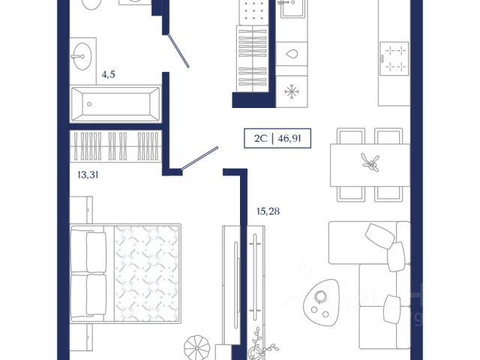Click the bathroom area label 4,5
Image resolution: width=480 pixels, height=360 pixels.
[x=108, y=74]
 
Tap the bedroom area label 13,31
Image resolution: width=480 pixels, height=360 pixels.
[x=88, y=175]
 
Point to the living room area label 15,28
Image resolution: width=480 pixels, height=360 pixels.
[x=268, y=211]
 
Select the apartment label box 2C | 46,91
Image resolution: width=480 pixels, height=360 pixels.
[x=277, y=138]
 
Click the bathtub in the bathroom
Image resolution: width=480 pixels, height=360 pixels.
[x=115, y=103]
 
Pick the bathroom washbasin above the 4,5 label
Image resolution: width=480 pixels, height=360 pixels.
[x=82, y=56]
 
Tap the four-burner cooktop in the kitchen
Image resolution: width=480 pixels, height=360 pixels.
[x=394, y=58]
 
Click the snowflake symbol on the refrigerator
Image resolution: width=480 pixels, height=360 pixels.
[x=292, y=91]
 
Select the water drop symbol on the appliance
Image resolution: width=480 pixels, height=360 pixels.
[x=292, y=54]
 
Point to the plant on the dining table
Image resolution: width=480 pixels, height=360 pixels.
[x=370, y=162]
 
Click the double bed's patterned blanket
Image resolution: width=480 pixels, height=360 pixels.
[x=147, y=273]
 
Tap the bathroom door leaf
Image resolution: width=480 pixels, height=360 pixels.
[x=178, y=50]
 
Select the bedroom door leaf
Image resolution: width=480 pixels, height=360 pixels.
[x=199, y=158]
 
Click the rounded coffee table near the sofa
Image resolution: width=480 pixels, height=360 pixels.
[x=320, y=300]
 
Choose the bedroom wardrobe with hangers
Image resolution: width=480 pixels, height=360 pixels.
[x=115, y=146]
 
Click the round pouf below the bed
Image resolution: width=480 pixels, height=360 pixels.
[x=197, y=347]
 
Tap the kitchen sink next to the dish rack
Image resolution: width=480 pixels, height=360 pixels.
[x=292, y=8]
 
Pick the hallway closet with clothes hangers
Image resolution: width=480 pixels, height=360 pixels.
[x=253, y=58]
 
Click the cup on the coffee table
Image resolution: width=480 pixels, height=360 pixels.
[x=320, y=296]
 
